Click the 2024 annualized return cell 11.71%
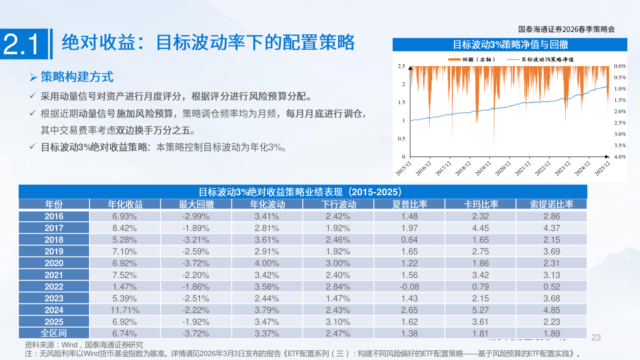click(x=125, y=310)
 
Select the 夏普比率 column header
click(x=409, y=204)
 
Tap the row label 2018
click(x=54, y=240)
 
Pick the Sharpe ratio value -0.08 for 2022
click(x=409, y=287)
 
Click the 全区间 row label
click(x=54, y=333)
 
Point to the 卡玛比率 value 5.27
click(x=480, y=310)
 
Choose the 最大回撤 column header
click(x=196, y=204)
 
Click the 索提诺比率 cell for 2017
click(x=552, y=228)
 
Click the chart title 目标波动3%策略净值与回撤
click(x=510, y=44)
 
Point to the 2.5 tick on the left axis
click(x=401, y=66)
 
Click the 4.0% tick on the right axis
click(x=620, y=157)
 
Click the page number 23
click(x=596, y=337)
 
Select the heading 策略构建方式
click(x=77, y=77)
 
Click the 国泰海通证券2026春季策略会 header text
click(x=566, y=29)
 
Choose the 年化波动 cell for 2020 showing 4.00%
click(x=267, y=263)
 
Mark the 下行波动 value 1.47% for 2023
click(x=338, y=298)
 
